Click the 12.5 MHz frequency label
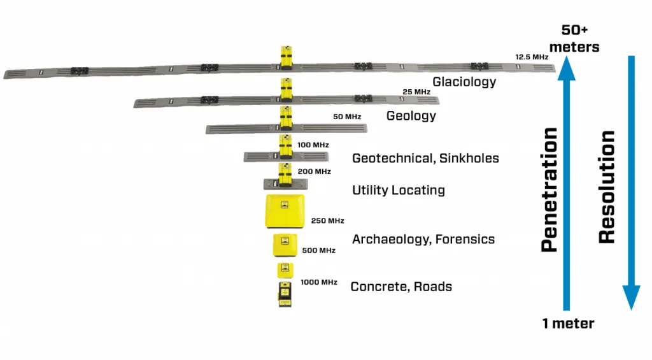tap(532, 57)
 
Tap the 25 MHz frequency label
tap(416, 92)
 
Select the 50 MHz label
tap(347, 117)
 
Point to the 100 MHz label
tap(313, 145)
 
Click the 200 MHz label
tap(315, 171)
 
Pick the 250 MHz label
tap(328, 220)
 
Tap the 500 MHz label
tap(319, 250)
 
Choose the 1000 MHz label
tap(319, 282)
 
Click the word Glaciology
tap(464, 82)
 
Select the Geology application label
tap(411, 116)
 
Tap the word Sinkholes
tap(469, 158)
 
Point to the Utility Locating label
tap(399, 191)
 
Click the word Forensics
tap(465, 240)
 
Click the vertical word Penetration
tap(549, 189)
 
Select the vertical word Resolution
tap(607, 187)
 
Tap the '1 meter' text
tap(569, 324)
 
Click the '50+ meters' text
tap(575, 38)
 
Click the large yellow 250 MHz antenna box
tap(285, 212)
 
